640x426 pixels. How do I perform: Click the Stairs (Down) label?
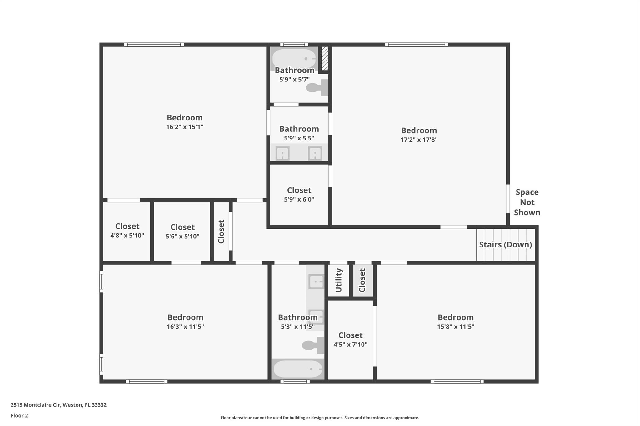(505, 245)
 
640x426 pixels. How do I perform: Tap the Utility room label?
(339, 280)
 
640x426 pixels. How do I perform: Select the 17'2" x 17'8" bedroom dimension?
(419, 140)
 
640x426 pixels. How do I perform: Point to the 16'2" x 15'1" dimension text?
(185, 127)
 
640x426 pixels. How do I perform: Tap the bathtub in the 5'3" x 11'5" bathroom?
(298, 369)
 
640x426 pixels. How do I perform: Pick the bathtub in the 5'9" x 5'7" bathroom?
(294, 58)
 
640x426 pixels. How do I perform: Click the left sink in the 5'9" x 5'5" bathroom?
(282, 154)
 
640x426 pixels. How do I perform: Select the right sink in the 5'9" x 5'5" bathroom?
(315, 154)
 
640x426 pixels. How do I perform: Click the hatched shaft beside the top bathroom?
(325, 58)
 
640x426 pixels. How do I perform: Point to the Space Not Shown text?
(527, 202)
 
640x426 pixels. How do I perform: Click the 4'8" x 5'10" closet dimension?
(127, 236)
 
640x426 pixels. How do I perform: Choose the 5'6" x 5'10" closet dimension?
(182, 237)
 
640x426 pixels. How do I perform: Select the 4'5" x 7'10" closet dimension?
(350, 345)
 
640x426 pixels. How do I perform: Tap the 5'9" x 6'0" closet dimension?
(299, 199)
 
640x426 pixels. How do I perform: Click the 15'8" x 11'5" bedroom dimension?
(456, 327)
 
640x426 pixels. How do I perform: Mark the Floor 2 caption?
(19, 416)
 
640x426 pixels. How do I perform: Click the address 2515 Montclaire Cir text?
(35, 405)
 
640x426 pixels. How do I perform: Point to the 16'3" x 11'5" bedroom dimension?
(185, 327)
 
